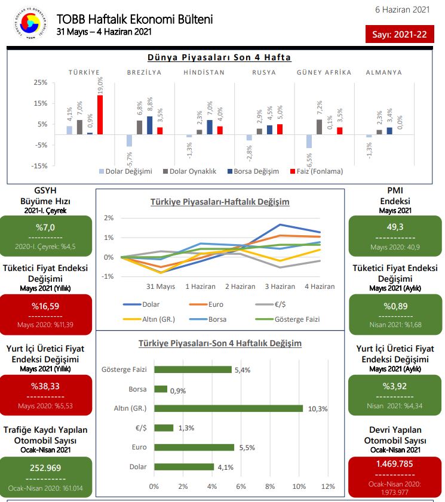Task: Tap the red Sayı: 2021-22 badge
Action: pos(399,35)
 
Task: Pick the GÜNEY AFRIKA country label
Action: pos(324,72)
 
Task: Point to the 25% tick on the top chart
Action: pos(40,82)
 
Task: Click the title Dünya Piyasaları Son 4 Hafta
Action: pos(219,57)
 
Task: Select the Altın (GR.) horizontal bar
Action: pos(228,408)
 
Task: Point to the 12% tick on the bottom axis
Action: pos(327,486)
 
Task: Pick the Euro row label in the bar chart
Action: pos(139,447)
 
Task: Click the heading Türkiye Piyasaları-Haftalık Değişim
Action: pos(220,202)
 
